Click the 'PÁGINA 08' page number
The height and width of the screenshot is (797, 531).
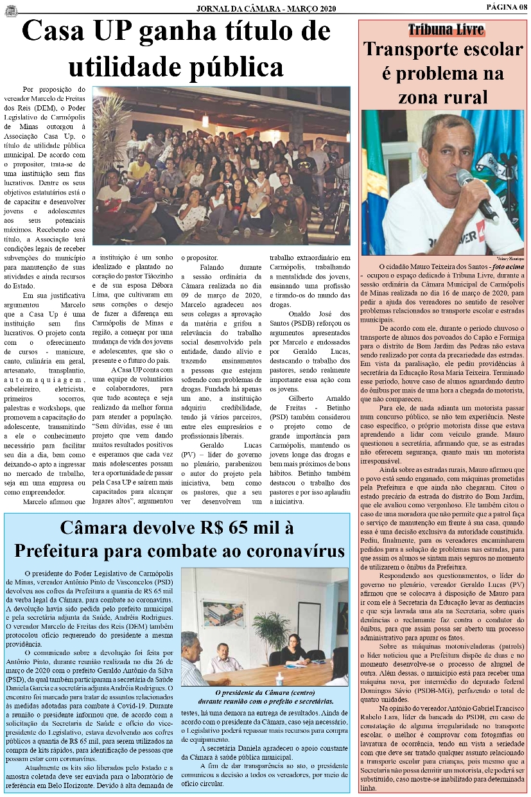pos(505,6)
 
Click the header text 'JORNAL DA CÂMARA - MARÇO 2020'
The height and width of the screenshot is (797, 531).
pos(265,8)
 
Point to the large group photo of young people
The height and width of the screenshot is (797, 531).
pos(220,165)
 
